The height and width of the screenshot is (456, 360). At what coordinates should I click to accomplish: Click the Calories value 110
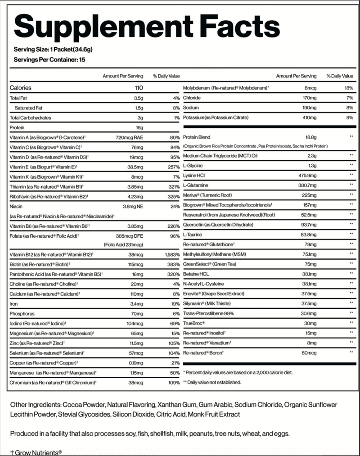click(138, 88)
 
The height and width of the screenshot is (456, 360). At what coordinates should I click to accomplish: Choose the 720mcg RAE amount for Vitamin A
click(132, 137)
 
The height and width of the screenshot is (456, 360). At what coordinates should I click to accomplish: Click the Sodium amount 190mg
click(308, 108)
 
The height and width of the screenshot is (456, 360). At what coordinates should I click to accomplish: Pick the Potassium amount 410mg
click(308, 118)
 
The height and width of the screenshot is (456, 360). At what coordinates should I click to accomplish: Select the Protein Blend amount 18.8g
click(310, 137)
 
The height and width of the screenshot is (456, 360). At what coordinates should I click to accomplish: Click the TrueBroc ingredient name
click(194, 323)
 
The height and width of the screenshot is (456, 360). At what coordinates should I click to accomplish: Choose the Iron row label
click(13, 304)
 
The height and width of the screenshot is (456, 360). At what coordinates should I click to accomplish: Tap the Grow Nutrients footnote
click(36, 452)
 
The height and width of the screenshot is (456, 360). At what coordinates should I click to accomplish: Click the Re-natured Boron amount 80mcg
click(308, 353)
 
